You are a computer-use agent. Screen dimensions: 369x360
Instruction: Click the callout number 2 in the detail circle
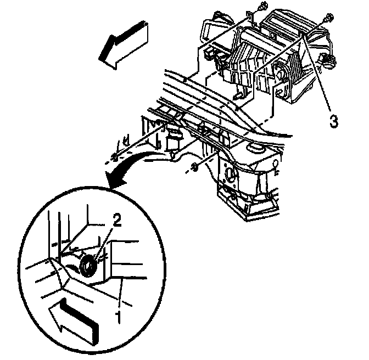point(116,220)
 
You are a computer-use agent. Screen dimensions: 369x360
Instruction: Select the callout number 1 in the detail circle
point(118,317)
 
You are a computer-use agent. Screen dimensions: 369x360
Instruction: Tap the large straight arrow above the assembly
point(123,44)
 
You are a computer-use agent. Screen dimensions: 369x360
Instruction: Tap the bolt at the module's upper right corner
point(328,19)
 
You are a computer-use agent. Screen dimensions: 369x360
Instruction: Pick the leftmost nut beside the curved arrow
point(114,157)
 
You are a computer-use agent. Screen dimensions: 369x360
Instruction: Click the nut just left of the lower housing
point(194,167)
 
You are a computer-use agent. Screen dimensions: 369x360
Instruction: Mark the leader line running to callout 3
point(317,74)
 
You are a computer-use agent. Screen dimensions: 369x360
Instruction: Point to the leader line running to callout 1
point(120,294)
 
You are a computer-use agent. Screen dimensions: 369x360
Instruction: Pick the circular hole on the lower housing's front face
point(230,173)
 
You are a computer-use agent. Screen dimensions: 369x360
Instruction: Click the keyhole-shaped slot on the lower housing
point(276,166)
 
